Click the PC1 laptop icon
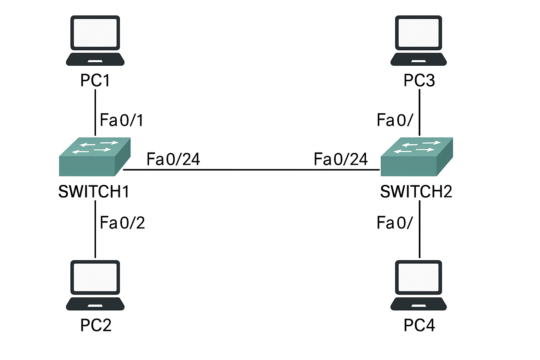tap(95, 40)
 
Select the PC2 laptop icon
tap(95, 285)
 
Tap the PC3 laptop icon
tap(419, 40)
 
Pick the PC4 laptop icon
tap(419, 285)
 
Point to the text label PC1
tap(95, 81)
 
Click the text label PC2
tap(96, 325)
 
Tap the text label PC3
tap(419, 81)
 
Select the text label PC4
tap(419, 325)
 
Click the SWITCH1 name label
tap(94, 192)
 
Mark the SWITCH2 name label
tap(416, 192)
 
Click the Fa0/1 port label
tap(122, 120)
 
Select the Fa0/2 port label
tap(122, 223)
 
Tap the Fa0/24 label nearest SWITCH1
tap(173, 159)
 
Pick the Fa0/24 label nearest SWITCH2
tap(341, 159)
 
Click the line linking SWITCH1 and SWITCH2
tap(251, 170)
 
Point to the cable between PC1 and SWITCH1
tap(95, 112)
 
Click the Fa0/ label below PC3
tap(394, 120)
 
